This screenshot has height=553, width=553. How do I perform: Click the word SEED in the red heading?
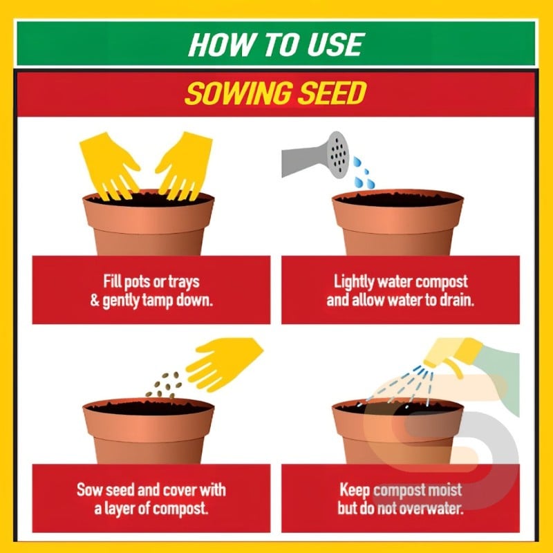point(332,93)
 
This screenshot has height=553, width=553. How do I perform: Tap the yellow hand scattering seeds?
point(224,364)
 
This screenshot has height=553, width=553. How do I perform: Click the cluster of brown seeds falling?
point(164,385)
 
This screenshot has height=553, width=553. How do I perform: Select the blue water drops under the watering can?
point(364,173)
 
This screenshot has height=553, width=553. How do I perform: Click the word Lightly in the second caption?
point(354,282)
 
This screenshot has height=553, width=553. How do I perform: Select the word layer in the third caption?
point(120,509)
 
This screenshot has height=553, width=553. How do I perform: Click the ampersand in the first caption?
point(95,301)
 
